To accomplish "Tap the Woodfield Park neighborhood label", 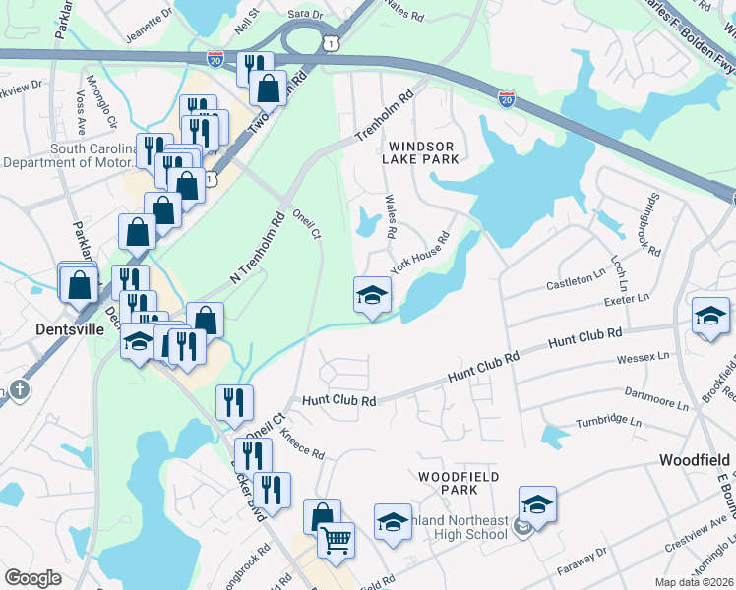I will point(459,482).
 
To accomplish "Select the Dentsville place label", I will point(69,329).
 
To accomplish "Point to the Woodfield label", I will point(695,460).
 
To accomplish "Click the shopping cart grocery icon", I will point(337,540).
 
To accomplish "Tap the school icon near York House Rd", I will point(372,294).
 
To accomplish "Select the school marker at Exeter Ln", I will point(709,316).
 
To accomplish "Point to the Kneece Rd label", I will point(302,443).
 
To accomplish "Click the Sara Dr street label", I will point(305,16).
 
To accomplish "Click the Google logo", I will point(33,578).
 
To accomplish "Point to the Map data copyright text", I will point(695,582).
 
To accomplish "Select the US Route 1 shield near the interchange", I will point(333,42).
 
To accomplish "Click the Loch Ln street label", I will point(618,264).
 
